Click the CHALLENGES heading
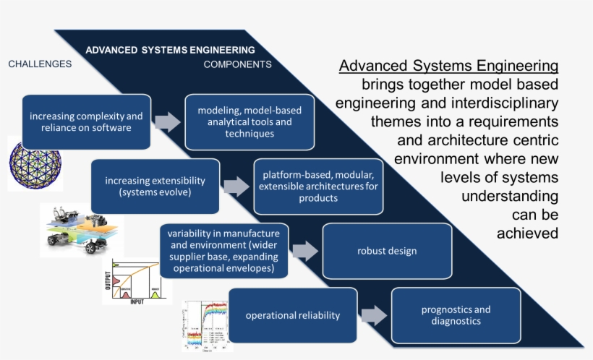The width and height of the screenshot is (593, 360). tap(40, 64)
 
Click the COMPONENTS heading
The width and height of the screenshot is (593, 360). tap(237, 64)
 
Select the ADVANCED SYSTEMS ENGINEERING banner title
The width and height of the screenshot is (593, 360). tap(170, 50)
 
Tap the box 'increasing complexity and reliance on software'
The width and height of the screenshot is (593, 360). tap(87, 121)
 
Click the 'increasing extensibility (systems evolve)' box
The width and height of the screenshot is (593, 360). tap(155, 187)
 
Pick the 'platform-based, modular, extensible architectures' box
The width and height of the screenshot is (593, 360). tap(319, 187)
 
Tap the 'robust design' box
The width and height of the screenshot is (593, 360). tap(387, 251)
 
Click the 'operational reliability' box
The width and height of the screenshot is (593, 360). tap(293, 315)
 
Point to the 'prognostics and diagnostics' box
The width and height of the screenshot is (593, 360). tap(456, 315)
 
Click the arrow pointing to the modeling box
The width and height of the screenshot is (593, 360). tap(168, 121)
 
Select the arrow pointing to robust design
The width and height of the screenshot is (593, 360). tap(305, 251)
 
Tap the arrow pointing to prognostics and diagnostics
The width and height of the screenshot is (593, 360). tap(374, 315)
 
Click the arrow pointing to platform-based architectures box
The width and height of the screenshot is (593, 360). tap(236, 187)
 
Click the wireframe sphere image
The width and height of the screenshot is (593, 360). tap(35, 163)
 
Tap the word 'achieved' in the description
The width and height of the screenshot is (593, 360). tap(527, 233)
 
